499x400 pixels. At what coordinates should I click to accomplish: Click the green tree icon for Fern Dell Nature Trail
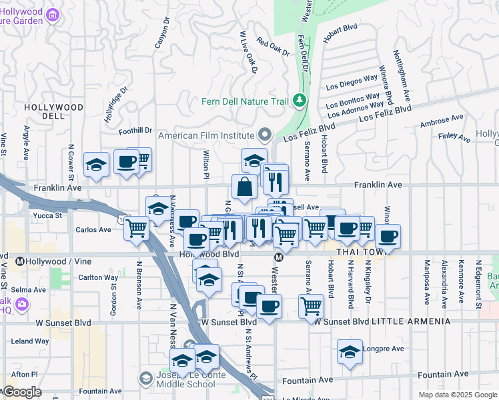[x=300, y=101]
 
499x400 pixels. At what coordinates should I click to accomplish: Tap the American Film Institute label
[x=207, y=135]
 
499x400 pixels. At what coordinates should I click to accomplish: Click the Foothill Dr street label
[x=135, y=131]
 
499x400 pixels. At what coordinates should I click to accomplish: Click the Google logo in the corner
[x=21, y=392]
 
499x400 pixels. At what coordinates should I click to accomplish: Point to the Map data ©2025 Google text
[x=457, y=395]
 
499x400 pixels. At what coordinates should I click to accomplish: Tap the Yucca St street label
[x=49, y=215]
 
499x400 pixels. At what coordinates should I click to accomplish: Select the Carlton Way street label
[x=97, y=277]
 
